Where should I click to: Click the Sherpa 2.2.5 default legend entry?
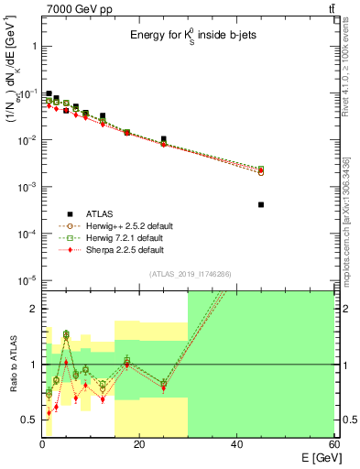[x=119, y=250]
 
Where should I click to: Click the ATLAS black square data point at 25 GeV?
[x=164, y=139]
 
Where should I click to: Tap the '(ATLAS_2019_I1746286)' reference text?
[x=189, y=273]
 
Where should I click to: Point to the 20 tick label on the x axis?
[x=139, y=445]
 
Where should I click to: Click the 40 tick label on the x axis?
[x=236, y=445]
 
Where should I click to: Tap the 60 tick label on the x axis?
[x=332, y=445]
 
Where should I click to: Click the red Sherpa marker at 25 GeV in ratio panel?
[x=164, y=388]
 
